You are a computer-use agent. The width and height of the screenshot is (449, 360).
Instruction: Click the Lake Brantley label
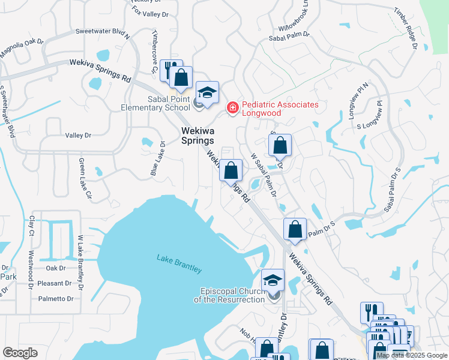[179, 263]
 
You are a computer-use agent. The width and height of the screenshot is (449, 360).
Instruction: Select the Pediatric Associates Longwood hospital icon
[232, 107]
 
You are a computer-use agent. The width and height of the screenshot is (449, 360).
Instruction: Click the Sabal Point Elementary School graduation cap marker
[208, 93]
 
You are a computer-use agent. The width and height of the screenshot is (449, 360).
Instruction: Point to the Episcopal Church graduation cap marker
[273, 280]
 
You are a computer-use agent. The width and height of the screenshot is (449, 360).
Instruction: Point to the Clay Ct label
[32, 226]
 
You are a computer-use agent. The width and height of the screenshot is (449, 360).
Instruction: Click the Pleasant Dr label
[55, 283]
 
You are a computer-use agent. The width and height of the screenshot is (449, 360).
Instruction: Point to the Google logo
[20, 353]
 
